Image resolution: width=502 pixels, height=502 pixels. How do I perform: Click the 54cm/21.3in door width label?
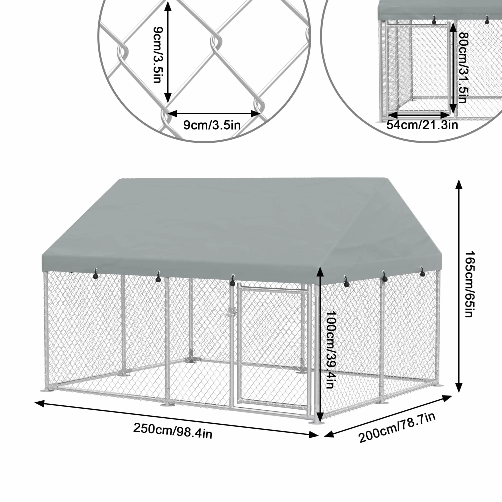422,125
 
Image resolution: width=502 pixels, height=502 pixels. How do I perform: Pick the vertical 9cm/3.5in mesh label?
158,54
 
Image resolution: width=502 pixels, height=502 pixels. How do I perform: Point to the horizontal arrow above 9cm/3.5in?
214,113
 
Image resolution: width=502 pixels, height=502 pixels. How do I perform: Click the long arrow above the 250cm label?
176,419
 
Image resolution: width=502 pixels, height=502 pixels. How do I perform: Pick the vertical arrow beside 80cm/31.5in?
453,67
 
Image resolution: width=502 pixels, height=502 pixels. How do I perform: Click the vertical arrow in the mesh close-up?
168,52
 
